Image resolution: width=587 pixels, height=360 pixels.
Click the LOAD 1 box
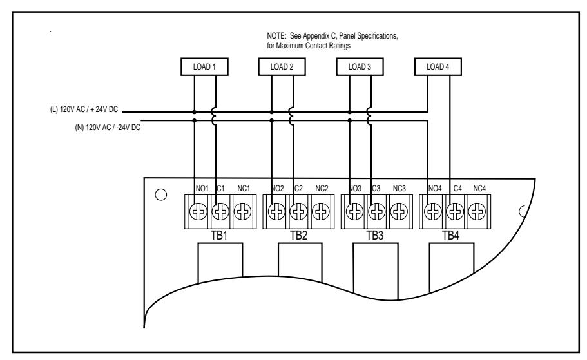point(204,66)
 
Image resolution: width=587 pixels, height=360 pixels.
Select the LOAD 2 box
point(282,66)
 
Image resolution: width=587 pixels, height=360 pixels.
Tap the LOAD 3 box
point(360,66)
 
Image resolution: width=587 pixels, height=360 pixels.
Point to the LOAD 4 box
point(438,66)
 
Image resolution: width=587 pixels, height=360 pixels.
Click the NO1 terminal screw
point(198,212)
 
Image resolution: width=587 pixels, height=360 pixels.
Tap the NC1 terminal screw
point(242,212)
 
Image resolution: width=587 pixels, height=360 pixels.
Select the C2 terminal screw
point(299,212)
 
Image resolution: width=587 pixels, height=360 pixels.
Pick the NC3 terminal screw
point(399,212)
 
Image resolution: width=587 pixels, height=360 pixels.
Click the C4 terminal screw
point(455,212)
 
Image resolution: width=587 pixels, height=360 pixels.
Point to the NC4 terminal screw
point(477,212)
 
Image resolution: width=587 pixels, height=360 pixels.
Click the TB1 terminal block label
point(219,236)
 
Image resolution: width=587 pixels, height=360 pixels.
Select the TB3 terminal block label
point(375,236)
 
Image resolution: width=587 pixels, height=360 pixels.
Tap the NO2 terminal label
point(278,189)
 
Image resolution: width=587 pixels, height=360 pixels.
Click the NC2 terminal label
point(322,189)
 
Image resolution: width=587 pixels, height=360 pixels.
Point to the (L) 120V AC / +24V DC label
point(84,109)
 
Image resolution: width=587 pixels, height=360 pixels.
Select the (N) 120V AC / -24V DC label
point(108,128)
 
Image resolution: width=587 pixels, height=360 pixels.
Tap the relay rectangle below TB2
point(300,262)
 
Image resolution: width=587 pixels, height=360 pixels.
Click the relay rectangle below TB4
point(452,267)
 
